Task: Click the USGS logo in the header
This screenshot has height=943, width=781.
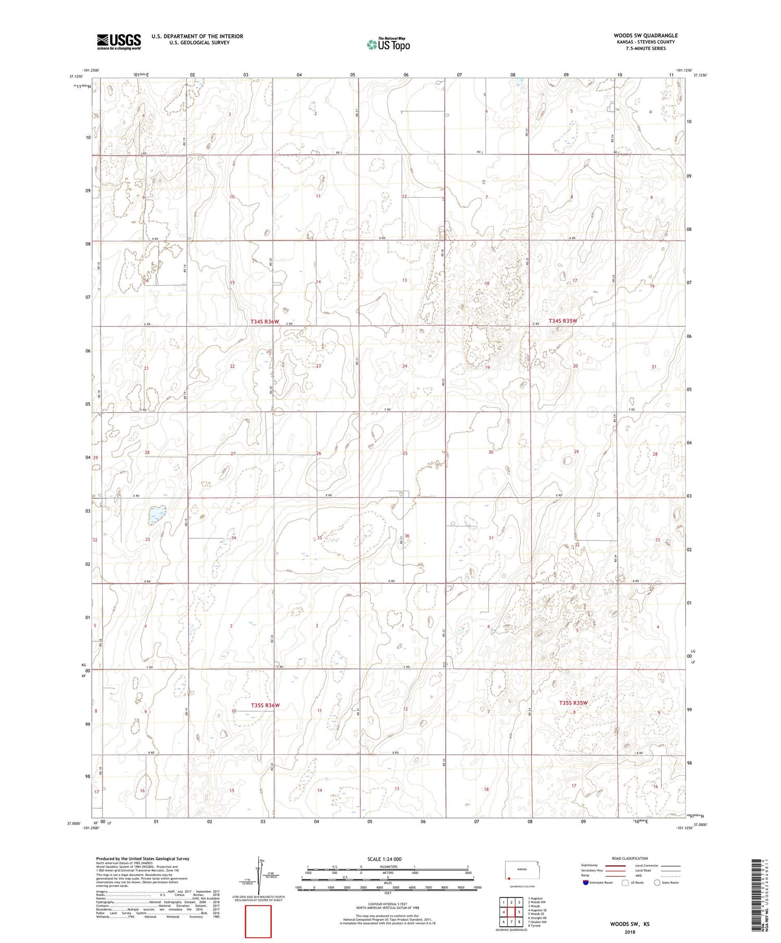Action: click(x=119, y=42)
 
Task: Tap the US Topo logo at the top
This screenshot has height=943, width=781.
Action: click(x=388, y=44)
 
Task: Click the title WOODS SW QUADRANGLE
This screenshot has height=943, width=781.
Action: click(x=646, y=35)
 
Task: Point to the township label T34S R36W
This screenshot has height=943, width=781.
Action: click(x=265, y=322)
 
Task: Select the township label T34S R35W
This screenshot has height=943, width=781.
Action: click(x=563, y=321)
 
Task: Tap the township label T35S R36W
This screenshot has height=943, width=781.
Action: click(x=265, y=705)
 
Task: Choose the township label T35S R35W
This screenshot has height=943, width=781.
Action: click(x=573, y=703)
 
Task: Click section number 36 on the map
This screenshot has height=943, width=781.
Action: click(x=407, y=536)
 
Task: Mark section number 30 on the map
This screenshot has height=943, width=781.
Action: click(x=490, y=452)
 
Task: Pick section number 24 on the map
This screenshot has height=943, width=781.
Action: click(x=405, y=366)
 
